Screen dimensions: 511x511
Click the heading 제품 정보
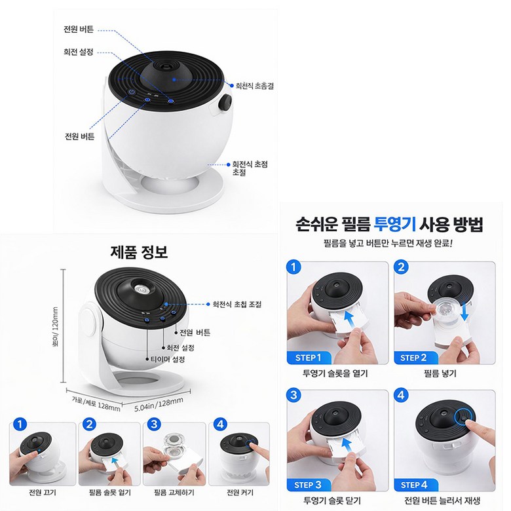pyautogui.click(x=139, y=252)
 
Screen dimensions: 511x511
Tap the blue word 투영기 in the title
pyautogui.click(x=394, y=224)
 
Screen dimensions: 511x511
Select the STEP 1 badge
pyautogui.click(x=309, y=358)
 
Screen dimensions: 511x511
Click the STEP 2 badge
pyautogui.click(x=413, y=358)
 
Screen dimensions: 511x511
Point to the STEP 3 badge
pyautogui.click(x=309, y=485)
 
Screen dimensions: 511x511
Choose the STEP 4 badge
pyautogui.click(x=413, y=485)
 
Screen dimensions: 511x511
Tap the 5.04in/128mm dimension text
pyautogui.click(x=159, y=404)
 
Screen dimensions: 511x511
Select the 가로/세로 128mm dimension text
pyautogui.click(x=96, y=403)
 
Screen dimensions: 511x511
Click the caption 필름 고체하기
pyautogui.click(x=174, y=493)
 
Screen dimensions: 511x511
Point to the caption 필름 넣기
pyautogui.click(x=440, y=373)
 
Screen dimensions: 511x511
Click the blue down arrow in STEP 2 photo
pyautogui.click(x=465, y=311)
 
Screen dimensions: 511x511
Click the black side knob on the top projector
pyautogui.click(x=225, y=103)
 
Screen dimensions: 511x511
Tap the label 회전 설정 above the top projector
pyautogui.click(x=78, y=52)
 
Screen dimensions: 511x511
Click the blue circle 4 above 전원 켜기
pyautogui.click(x=220, y=425)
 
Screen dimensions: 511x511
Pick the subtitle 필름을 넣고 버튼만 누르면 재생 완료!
pyautogui.click(x=388, y=243)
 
